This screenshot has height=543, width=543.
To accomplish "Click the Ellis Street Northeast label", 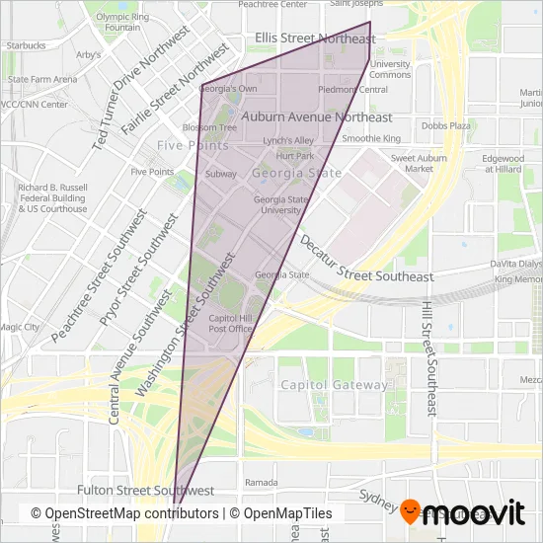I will click(315, 39).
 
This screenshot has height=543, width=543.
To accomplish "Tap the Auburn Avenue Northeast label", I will click(316, 116).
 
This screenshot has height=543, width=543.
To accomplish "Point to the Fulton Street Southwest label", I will click(145, 490).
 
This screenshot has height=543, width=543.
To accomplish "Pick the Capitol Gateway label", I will click(334, 385).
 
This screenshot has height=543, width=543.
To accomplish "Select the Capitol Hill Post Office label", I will click(231, 323).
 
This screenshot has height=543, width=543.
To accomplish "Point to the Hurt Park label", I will click(295, 156).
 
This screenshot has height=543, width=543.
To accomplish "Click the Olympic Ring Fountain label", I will click(121, 22).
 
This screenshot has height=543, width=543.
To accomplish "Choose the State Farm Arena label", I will click(41, 79).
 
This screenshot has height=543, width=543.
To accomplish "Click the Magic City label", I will click(19, 327).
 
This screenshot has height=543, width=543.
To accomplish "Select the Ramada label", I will click(261, 483).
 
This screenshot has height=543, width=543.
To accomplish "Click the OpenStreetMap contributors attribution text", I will click(124, 513).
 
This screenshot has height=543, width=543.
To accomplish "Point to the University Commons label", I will click(390, 69).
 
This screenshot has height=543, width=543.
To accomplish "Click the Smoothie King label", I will click(370, 139).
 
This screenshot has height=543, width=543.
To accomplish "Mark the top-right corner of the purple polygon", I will click(370, 22).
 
